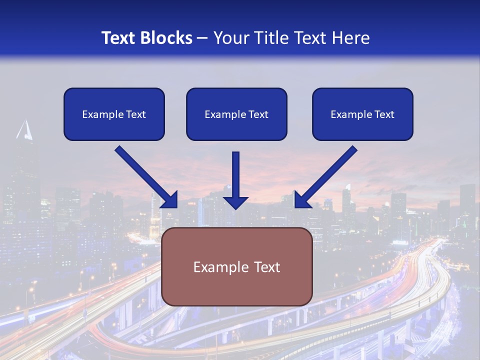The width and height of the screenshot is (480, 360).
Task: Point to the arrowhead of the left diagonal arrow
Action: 170,200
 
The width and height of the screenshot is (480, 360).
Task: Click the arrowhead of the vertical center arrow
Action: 235,202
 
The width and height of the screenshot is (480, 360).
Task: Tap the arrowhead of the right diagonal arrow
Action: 301,200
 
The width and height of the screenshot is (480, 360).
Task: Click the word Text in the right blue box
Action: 384,114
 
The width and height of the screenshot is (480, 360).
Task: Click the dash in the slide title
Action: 202,38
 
